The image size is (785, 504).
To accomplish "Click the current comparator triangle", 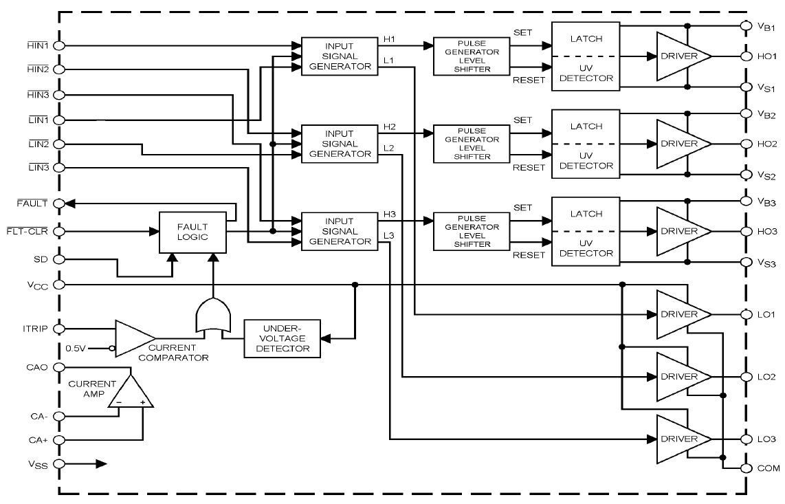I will tap(133, 338).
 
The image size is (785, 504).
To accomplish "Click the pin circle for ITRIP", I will tap(58, 329).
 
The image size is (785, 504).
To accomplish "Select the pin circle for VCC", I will tap(58, 284).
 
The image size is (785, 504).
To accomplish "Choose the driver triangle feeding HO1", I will tap(681, 56).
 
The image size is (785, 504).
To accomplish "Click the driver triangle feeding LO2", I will tap(681, 377).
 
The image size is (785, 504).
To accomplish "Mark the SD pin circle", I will tap(58, 259).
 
